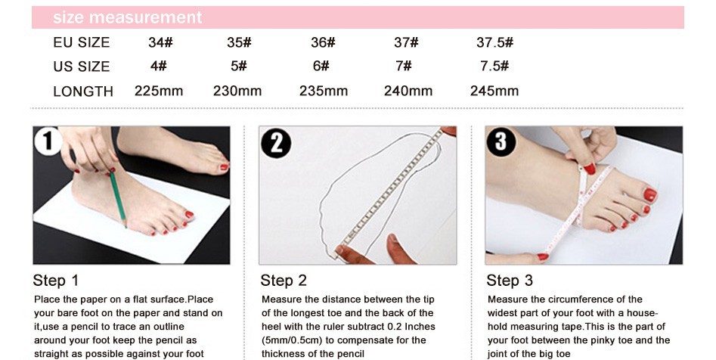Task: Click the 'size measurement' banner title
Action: point(128,17)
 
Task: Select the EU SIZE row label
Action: point(82,42)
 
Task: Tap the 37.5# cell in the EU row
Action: point(494,42)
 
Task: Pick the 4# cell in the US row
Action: point(159,66)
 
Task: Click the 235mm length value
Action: point(324,91)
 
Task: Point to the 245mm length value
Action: point(494,91)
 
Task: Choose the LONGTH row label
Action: point(83,92)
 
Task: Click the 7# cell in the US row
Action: point(404,66)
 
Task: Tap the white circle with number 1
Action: point(48,141)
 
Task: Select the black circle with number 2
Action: point(276,143)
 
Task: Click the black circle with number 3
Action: point(501,141)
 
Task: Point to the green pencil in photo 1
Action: point(117,198)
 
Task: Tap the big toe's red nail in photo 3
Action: point(649,194)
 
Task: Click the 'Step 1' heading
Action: point(56,280)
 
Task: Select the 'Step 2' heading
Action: point(284,280)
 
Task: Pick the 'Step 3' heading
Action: point(510,280)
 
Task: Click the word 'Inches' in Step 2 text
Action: point(420,327)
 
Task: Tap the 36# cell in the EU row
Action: point(323,42)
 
